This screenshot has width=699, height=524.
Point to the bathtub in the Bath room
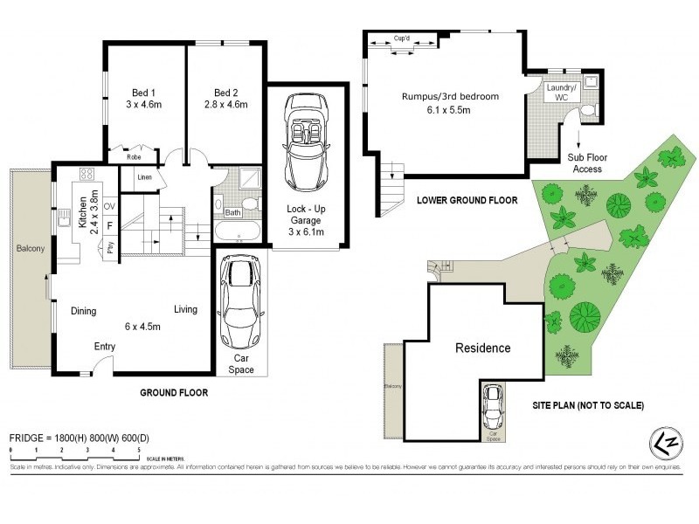coord(237,232)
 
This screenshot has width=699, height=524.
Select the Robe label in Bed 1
coord(133,158)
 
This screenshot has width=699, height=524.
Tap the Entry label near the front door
coord(105,347)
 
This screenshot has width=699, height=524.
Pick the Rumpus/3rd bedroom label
coord(450,97)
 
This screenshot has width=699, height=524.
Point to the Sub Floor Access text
coord(586,163)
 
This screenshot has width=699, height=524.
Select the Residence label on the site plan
coord(483,348)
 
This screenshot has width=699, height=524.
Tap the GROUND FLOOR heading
coord(174,393)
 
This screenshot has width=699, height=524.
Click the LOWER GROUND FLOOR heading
coord(467,200)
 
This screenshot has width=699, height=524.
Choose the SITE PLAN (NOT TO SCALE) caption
coord(588,405)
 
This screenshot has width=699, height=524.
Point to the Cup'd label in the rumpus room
coord(403,39)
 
